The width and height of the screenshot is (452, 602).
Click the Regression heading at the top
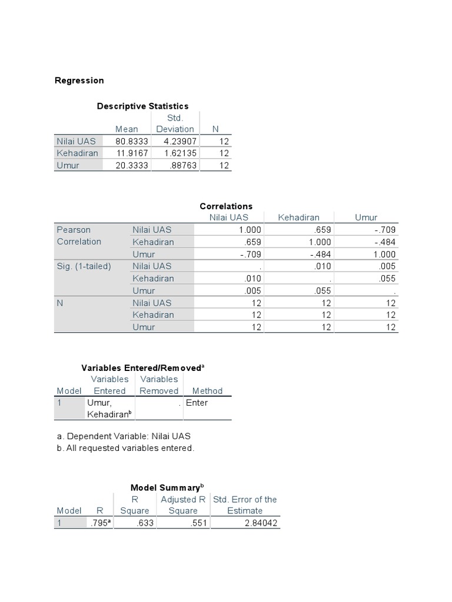pos(79,81)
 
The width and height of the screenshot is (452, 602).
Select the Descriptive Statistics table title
pos(142,106)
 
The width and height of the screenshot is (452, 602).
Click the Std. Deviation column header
pos(175,123)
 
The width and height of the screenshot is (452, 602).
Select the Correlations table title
pos(226,206)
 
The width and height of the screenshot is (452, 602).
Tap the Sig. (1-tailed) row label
pos(84,266)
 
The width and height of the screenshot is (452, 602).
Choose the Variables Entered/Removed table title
pos(143,367)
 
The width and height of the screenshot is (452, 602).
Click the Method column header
pos(207,391)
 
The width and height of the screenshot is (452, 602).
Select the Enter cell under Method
pos(197,403)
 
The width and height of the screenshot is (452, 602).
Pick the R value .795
pos(99,523)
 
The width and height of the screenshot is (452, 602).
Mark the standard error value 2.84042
pos(261,523)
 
